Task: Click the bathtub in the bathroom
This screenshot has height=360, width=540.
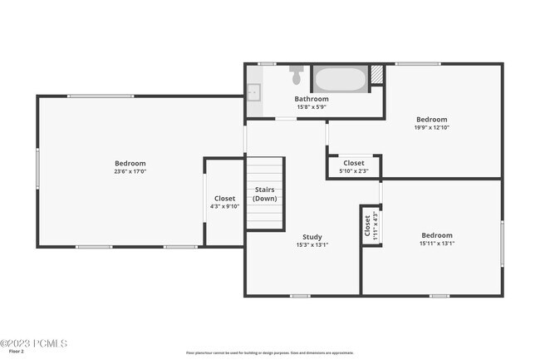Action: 339,80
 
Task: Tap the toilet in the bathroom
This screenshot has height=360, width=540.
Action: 296,76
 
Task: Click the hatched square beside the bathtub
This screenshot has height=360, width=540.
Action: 377,74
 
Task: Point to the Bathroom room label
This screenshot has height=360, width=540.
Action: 312,99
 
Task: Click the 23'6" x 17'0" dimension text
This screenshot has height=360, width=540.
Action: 130,172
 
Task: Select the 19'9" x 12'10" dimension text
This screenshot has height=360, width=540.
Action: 431,127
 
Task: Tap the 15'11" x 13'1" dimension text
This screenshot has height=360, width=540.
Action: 437,244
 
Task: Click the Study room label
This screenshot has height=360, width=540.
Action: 312,237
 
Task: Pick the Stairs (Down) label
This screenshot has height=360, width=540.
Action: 265,195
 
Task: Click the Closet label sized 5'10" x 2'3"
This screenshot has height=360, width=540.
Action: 353,163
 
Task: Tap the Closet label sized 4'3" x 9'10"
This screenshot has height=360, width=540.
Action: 224,199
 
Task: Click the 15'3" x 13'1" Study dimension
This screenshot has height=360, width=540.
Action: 312,245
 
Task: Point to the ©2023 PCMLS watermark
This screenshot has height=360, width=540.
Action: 34,343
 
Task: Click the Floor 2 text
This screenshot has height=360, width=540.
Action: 17,352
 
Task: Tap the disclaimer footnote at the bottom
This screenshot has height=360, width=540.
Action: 269,353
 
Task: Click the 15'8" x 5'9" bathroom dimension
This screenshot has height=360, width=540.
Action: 312,106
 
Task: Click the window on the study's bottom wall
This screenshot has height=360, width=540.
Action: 300,296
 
